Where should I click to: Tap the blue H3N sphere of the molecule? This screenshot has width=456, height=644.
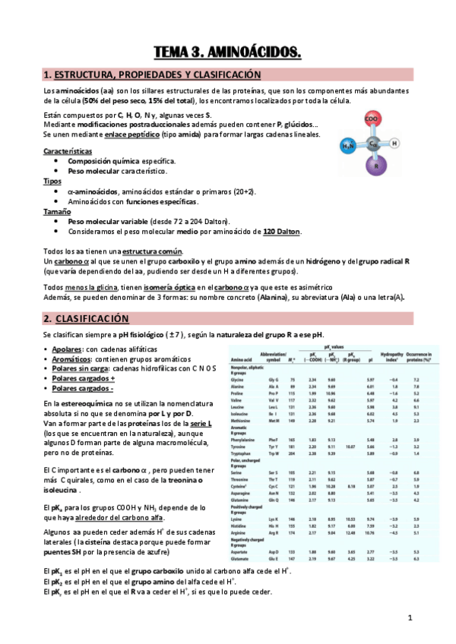coord(348,145)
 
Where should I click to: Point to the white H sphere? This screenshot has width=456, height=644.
coord(394,143)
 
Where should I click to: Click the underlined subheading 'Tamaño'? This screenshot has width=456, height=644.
coord(56,212)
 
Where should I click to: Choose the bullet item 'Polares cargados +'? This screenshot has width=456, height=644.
coord(81,378)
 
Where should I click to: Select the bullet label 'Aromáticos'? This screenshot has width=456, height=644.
coord(71,358)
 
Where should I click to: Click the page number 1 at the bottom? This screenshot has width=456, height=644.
coord(409,617)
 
